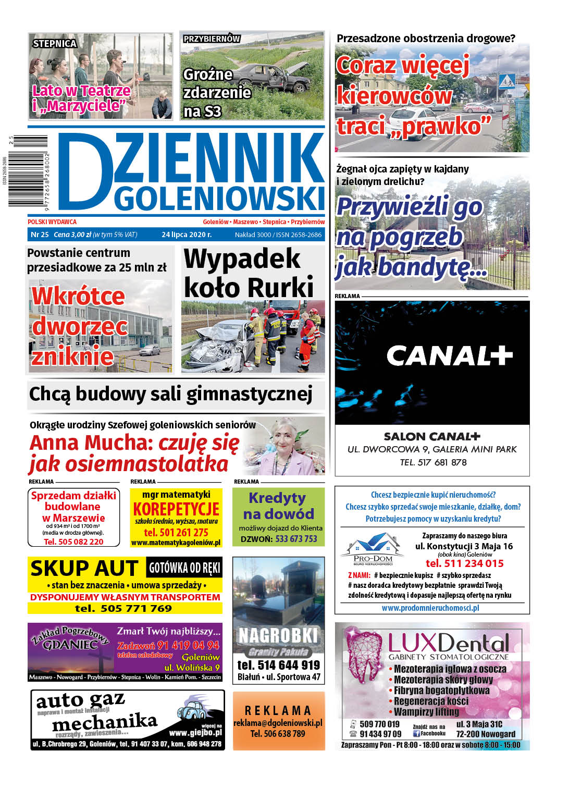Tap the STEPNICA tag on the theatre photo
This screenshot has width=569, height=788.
coord(55,44)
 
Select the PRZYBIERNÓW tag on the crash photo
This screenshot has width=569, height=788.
coord(212,39)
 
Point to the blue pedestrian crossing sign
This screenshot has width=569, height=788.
coord(506,81)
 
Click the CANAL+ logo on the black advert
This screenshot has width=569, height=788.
coord(449,356)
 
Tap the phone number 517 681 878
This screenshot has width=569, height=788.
coord(442,462)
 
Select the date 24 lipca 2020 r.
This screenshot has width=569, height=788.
coord(187,235)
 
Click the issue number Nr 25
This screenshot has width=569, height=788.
coord(40,235)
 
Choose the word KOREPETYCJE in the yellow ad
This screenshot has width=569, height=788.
coord(176,509)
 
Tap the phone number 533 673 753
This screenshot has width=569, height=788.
coord(296,539)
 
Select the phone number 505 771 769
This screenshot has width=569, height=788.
coord(136,608)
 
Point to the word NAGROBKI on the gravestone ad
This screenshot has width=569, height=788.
coord(278,636)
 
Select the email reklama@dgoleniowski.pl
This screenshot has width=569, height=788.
coord(278,723)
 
